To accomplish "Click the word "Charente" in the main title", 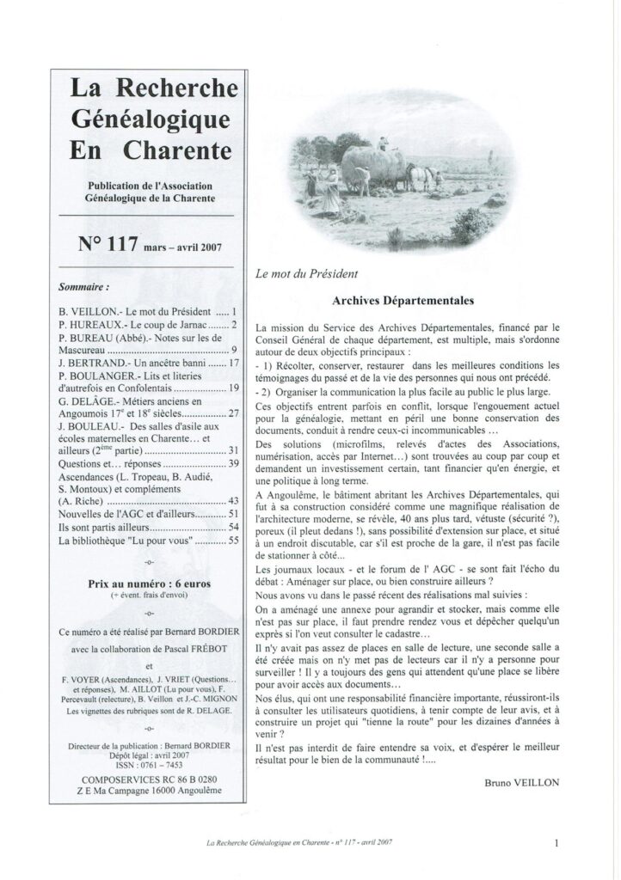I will coord(178,150).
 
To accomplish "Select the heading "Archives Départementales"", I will coord(403,302).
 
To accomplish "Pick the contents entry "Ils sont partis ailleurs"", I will coord(104,526).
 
